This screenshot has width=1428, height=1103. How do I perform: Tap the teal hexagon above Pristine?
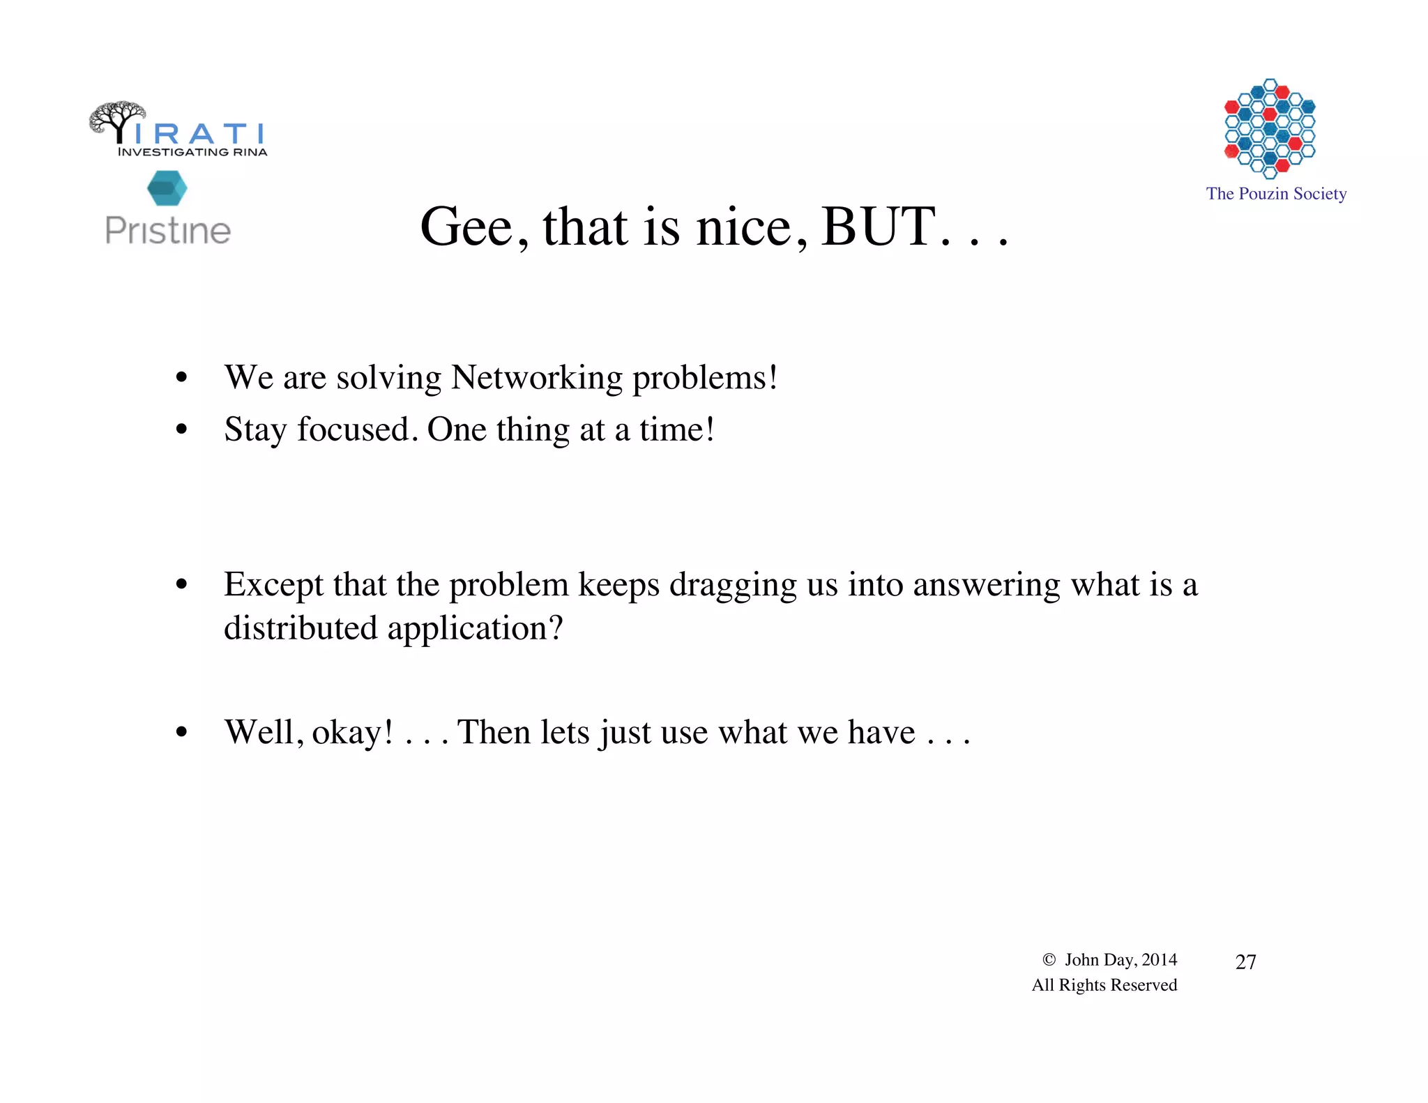[x=167, y=188]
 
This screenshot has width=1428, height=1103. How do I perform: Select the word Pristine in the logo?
[x=167, y=231]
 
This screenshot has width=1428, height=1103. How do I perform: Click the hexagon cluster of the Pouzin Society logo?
[x=1270, y=128]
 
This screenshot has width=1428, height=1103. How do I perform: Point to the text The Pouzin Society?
[x=1276, y=194]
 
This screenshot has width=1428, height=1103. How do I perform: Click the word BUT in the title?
[x=879, y=227]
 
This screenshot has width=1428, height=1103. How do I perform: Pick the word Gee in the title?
[x=467, y=227]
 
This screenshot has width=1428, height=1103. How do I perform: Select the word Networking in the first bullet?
[x=536, y=377]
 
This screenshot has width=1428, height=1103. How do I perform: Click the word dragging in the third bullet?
[x=733, y=584]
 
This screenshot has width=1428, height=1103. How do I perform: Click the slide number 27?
[x=1245, y=962]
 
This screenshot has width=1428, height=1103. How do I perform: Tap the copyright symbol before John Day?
[x=1049, y=960]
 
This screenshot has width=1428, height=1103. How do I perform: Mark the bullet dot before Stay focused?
[x=182, y=429]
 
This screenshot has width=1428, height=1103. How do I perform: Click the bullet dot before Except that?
[x=182, y=584]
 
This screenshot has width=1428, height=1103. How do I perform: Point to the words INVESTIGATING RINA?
[x=192, y=152]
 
